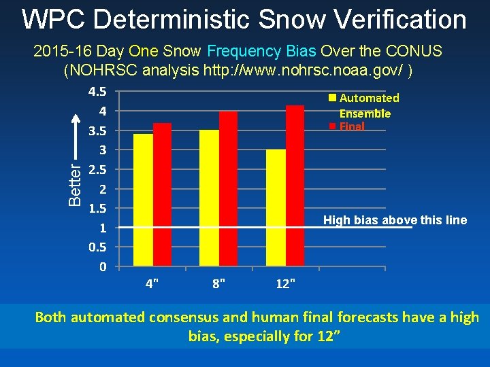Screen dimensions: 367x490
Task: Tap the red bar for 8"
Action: point(229,188)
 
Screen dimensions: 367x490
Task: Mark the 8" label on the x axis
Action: point(218,283)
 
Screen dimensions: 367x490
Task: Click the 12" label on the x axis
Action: point(285,283)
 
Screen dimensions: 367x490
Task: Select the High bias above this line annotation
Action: point(395,220)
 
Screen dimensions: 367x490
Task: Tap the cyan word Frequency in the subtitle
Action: point(244,51)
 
